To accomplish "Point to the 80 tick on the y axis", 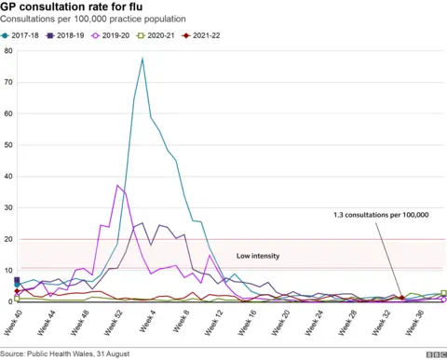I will point(7,50).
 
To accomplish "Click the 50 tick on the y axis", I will point(7,145).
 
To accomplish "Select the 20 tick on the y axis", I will point(7,239).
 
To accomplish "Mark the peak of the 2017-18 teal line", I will point(142,59).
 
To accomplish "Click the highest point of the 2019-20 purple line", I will point(118,185).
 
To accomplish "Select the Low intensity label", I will point(258,255).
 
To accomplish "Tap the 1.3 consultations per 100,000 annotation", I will point(380,215).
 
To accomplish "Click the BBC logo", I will point(435,353).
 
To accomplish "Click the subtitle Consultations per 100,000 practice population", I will point(93,19).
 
